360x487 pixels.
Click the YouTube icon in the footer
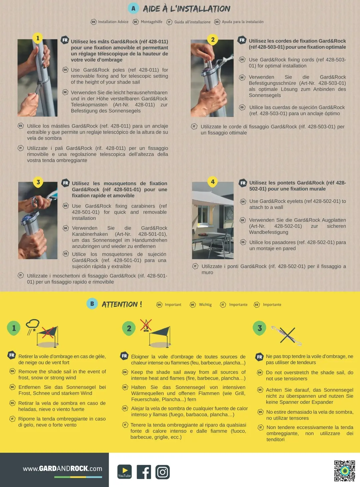click(x=124, y=471)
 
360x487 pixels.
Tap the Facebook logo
click(x=144, y=472)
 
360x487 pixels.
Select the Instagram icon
click(x=162, y=472)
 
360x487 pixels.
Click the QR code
click(x=344, y=471)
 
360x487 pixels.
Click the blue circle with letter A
click(x=133, y=8)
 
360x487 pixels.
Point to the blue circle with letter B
click(x=92, y=304)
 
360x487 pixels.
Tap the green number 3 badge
click(x=260, y=328)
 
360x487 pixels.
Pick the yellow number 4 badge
click(x=213, y=182)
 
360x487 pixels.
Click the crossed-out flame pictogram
click(x=146, y=325)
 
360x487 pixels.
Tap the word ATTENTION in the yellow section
click(x=120, y=304)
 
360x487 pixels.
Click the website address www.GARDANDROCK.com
click(x=62, y=469)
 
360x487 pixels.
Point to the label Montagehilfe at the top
click(x=151, y=22)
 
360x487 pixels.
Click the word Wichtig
click(x=205, y=304)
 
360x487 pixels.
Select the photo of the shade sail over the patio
click(x=213, y=220)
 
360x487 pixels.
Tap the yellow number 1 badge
click(x=38, y=38)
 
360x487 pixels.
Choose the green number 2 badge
click(x=129, y=328)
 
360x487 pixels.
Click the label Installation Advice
click(x=113, y=22)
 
